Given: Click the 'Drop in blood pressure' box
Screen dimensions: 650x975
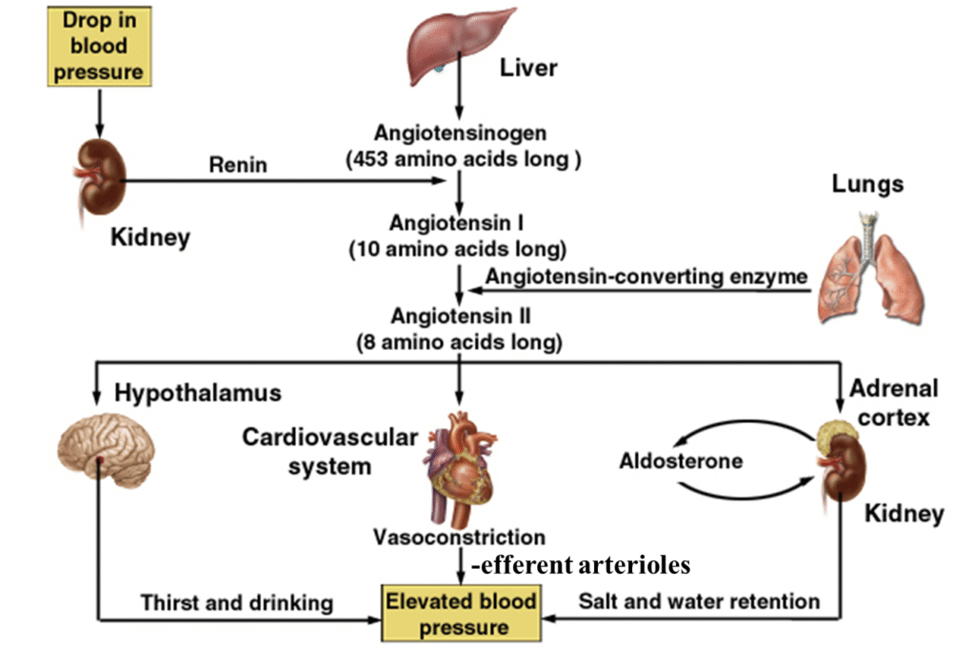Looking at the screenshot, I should pyautogui.click(x=98, y=45).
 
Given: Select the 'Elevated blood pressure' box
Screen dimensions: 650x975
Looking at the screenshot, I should pyautogui.click(x=460, y=615).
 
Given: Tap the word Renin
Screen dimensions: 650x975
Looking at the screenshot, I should pyautogui.click(x=238, y=165).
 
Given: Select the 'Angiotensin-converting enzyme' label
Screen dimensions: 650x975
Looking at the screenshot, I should pyautogui.click(x=647, y=277).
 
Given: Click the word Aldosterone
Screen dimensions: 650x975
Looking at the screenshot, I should pyautogui.click(x=681, y=461).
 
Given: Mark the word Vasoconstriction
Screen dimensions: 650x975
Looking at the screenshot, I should pyautogui.click(x=460, y=538).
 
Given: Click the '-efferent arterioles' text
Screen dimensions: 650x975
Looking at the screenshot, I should pyautogui.click(x=580, y=566).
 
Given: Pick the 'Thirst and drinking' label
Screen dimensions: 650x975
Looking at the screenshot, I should pyautogui.click(x=237, y=602).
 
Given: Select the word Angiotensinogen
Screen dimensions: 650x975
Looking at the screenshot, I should pyautogui.click(x=460, y=132).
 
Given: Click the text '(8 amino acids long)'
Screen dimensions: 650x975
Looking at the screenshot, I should pyautogui.click(x=460, y=340).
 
